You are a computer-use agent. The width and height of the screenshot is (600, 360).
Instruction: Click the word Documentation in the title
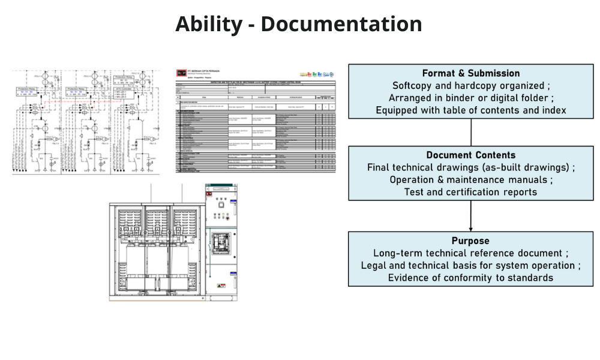point(341,25)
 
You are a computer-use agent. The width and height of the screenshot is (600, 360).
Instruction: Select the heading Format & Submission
point(471,73)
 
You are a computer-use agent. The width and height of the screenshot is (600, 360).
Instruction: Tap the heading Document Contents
point(471,155)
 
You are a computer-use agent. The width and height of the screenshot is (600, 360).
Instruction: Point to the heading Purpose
point(471,241)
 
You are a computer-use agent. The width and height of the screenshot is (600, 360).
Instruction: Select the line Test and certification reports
point(471,192)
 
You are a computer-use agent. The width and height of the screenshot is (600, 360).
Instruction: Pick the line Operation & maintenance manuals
point(471,179)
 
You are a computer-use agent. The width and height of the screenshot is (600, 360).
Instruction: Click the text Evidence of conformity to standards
point(471,278)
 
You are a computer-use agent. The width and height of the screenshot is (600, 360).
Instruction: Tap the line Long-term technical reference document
point(471,253)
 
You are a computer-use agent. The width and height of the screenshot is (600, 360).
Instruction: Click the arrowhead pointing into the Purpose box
point(471,228)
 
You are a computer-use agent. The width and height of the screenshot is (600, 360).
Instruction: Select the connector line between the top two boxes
point(471,132)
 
